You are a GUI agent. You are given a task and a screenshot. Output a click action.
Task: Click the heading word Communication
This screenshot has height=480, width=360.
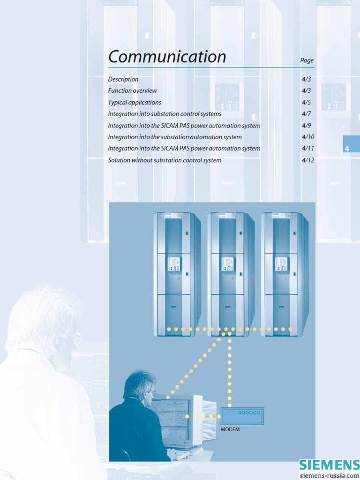tap(167, 57)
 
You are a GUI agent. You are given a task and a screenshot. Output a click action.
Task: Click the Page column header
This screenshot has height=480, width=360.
tap(307, 60)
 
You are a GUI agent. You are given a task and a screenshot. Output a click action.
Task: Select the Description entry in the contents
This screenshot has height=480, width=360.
tap(123, 79)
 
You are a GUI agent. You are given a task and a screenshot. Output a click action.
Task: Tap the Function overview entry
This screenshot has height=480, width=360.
tap(132, 90)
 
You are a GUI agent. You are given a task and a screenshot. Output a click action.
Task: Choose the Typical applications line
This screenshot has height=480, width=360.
tap(135, 102)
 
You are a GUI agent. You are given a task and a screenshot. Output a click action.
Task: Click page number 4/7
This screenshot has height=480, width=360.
tap(307, 114)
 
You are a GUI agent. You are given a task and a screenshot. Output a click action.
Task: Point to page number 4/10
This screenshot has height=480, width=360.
tap(308, 137)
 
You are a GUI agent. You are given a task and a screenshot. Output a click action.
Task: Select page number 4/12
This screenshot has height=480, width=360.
tap(308, 160)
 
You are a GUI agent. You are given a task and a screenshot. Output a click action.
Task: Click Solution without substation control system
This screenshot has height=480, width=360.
tap(165, 160)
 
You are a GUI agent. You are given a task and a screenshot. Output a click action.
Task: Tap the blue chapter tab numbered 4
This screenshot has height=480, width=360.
tap(347, 149)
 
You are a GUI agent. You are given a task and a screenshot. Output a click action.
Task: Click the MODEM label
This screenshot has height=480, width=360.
tap(230, 429)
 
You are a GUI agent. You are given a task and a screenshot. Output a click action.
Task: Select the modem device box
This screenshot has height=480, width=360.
tap(242, 416)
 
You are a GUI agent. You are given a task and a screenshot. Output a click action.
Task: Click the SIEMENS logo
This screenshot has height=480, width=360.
tap(329, 465)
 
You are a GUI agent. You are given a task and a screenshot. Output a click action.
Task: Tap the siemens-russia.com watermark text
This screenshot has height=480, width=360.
tap(329, 475)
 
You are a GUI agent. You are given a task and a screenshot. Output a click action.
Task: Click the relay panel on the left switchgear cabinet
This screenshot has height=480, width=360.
tap(173, 264)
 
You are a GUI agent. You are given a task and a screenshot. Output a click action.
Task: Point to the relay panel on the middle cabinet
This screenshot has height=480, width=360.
tap(227, 264)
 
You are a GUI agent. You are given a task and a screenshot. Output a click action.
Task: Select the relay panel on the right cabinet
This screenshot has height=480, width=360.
tap(281, 264)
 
